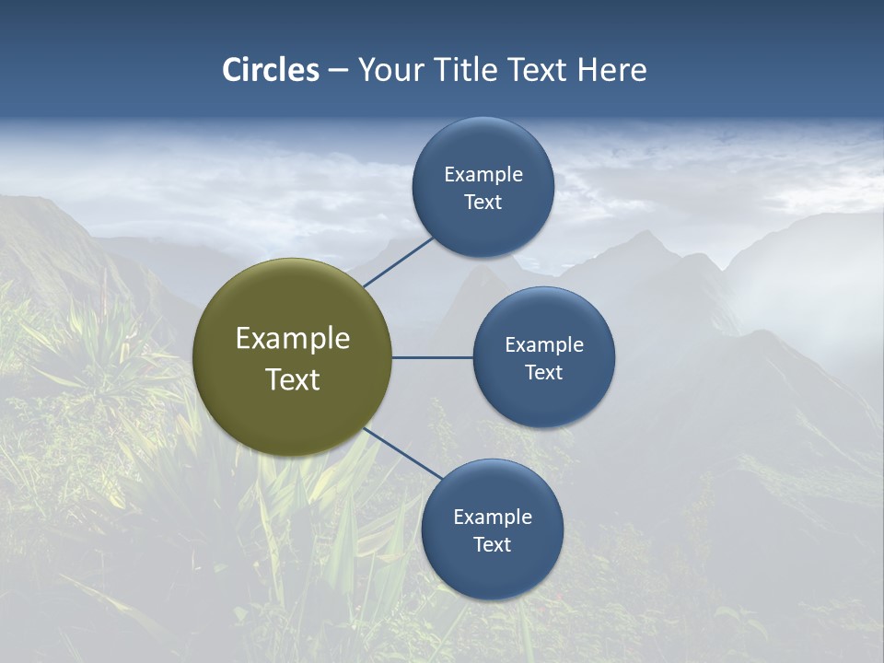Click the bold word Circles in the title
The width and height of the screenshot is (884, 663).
point(271,70)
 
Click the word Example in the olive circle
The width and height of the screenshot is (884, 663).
point(293,339)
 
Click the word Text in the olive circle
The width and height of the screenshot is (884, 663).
point(293,379)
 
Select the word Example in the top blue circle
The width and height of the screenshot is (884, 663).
point(483,175)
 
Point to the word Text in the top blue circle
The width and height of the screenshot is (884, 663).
point(483,203)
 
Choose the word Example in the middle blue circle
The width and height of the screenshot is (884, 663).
point(543,345)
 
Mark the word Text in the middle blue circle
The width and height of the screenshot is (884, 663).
point(543,373)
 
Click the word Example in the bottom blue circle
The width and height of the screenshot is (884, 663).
point(492,518)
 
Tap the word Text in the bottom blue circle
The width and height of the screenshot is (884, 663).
point(492,545)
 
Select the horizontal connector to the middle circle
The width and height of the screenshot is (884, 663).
point(433,357)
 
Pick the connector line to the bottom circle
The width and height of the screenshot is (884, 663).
point(403,454)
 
